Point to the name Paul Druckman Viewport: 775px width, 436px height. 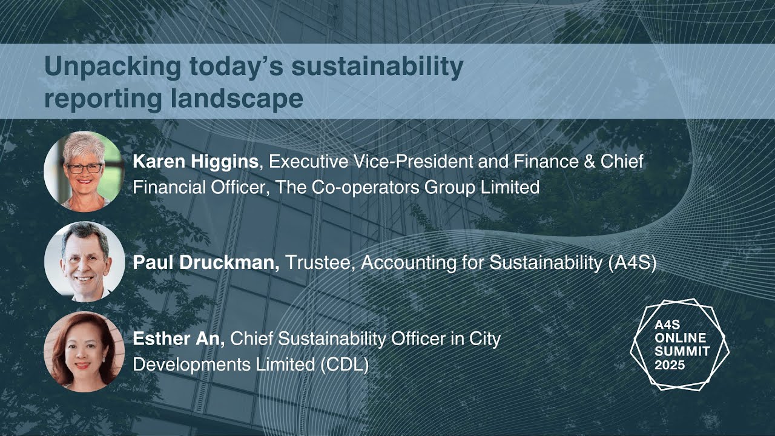[x=206, y=263]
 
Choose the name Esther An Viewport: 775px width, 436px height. [x=179, y=339]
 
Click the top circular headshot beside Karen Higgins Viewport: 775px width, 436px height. [x=84, y=171]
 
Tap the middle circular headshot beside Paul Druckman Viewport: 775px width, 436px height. [x=84, y=261]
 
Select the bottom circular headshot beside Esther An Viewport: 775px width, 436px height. [x=84, y=352]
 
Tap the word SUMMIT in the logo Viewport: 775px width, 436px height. [x=682, y=351]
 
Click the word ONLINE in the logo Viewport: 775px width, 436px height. [x=680, y=338]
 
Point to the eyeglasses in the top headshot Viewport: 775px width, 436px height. [x=84, y=168]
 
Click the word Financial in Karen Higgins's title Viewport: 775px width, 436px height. [x=167, y=187]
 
